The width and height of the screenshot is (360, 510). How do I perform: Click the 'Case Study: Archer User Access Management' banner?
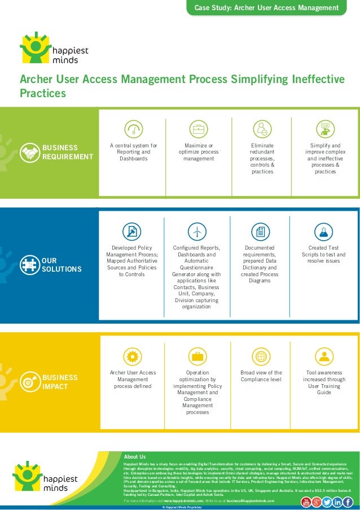pos(266,8)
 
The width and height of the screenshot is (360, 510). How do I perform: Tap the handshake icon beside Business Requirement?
pos(30,152)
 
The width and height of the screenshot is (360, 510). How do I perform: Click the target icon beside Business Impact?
pos(29,382)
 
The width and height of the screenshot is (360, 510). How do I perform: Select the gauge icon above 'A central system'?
pos(133,129)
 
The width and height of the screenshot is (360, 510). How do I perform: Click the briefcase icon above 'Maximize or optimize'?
pos(198,129)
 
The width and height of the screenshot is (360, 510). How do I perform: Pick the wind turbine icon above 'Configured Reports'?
pos(196,231)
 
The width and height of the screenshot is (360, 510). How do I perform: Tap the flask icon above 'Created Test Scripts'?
pos(323,231)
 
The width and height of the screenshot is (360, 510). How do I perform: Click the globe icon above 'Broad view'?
pos(261,356)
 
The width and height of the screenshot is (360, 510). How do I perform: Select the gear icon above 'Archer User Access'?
pos(133,356)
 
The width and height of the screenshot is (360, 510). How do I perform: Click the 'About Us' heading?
pos(135,456)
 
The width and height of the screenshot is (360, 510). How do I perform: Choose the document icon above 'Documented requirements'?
pos(260,231)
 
